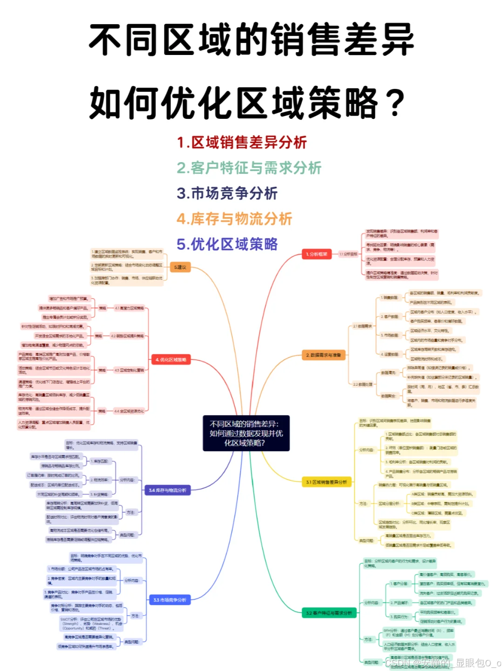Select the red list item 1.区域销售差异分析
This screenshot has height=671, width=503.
coord(242,143)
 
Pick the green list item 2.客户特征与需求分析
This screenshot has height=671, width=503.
coord(249,168)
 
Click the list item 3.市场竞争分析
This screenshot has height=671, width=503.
coord(227,193)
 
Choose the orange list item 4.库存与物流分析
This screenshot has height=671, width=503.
coord(234,219)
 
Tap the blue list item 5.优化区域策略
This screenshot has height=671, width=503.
coord(227,244)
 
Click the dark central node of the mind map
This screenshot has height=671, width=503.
coord(246,433)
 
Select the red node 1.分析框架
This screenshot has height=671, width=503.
coord(317,254)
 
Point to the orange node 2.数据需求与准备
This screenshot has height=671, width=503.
coord(324,355)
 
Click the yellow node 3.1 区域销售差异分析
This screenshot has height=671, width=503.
coord(326,482)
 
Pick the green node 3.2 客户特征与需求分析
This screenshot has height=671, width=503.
coord(329,613)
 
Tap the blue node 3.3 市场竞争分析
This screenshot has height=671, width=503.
coord(170,600)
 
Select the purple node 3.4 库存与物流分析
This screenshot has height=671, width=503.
coord(168,490)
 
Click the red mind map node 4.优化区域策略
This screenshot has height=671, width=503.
coord(171,360)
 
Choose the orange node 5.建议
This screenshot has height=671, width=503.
coord(180,267)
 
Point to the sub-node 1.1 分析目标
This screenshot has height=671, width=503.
coord(348,254)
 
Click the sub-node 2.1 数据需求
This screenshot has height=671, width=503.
coord(362,326)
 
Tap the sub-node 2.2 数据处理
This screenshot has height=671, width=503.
coord(362,384)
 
